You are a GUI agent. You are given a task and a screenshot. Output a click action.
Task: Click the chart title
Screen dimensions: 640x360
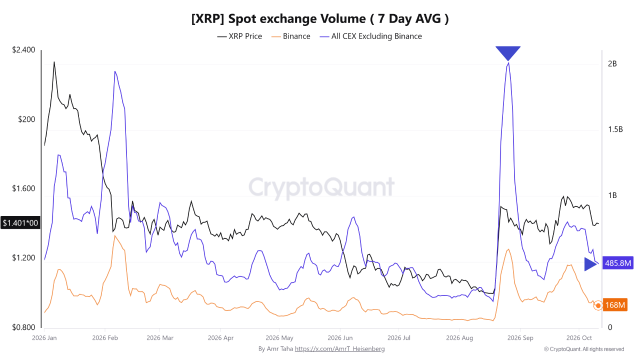coord(320,19)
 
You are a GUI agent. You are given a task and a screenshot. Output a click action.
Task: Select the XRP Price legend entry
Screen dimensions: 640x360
coord(239,36)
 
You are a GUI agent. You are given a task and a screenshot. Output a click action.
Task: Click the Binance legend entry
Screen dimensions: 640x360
coord(291,36)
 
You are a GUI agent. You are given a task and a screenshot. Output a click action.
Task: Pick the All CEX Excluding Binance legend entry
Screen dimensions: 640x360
coord(371,36)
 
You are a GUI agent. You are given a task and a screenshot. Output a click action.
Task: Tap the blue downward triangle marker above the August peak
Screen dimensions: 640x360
coord(508,52)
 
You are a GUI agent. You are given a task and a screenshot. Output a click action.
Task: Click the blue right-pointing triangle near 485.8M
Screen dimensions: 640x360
coord(589,264)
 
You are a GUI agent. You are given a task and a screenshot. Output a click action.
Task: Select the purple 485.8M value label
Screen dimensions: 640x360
coord(617,263)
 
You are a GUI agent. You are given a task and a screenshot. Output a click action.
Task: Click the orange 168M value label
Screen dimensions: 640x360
coord(615,305)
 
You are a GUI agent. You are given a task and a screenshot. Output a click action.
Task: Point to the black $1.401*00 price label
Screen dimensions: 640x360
coord(20,223)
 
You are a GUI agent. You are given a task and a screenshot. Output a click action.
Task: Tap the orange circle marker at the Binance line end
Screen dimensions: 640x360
coord(598,305)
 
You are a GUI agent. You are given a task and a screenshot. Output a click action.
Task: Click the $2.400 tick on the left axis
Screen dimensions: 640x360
coord(23,49)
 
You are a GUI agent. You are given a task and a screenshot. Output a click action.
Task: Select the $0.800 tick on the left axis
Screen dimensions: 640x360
coord(23,327)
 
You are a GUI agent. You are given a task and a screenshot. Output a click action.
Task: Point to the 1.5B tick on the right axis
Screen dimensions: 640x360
coord(615,129)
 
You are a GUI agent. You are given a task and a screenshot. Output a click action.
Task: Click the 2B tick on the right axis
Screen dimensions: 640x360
coord(612,63)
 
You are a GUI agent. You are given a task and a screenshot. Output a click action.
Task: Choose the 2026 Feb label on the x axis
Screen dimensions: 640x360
coord(105,338)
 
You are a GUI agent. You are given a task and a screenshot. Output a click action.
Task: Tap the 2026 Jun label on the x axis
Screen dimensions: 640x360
coord(340,338)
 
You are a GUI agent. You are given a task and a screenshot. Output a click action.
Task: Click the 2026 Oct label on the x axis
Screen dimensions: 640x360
coord(579,338)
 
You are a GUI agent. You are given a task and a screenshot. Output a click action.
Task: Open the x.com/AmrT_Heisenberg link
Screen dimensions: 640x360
coord(339,349)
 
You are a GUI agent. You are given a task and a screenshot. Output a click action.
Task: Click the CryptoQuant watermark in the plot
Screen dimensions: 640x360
coord(321,187)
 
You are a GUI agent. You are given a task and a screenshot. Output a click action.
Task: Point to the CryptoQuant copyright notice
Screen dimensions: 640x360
coord(584,349)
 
